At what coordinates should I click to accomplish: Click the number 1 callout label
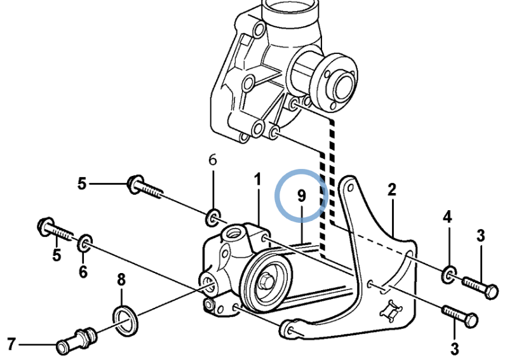coord(258,181)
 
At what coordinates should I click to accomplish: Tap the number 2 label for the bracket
coord(392,189)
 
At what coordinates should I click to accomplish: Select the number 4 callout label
coord(447,217)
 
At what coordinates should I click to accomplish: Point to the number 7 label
coord(11,344)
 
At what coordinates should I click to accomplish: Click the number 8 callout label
coord(121,279)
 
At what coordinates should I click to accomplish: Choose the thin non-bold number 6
coord(213,160)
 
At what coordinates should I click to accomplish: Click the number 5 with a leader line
coord(81,184)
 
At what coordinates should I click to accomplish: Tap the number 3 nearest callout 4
coord(480,236)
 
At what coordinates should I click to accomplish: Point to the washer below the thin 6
coord(213,218)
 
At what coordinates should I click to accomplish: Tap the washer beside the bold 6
coord(84,243)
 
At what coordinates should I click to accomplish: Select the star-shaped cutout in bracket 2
coord(390,311)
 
